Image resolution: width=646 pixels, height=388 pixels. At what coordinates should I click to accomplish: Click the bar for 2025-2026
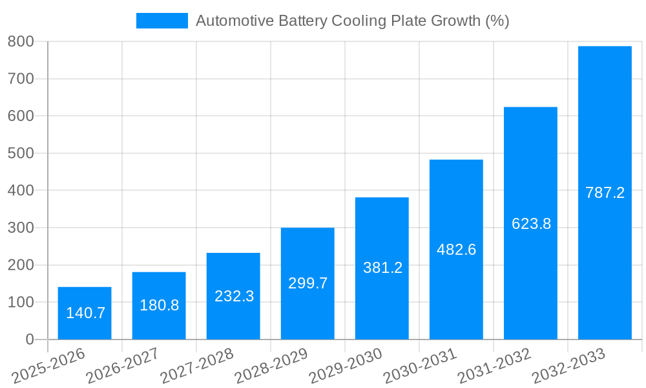coord(85,314)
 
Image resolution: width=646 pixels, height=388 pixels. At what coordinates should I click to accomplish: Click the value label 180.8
coord(159,305)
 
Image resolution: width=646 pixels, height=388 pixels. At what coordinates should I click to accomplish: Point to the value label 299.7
coord(307,283)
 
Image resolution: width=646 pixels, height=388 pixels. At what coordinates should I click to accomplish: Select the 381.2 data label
coord(382,268)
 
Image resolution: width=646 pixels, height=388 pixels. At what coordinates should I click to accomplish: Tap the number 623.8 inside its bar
coord(531,224)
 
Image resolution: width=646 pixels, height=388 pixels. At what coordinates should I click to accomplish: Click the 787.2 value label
coord(605,193)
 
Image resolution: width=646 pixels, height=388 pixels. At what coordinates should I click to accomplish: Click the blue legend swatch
coord(161,21)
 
